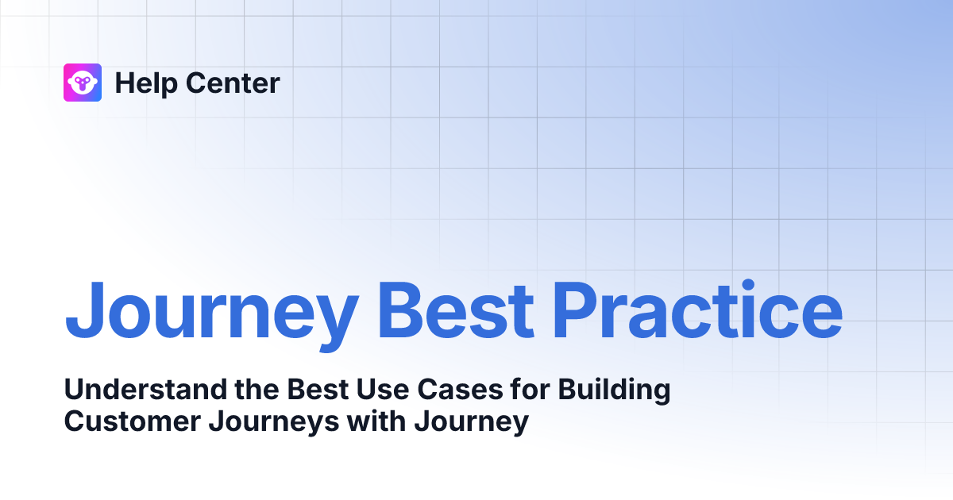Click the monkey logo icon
click(x=82, y=83)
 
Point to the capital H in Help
click(x=122, y=83)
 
